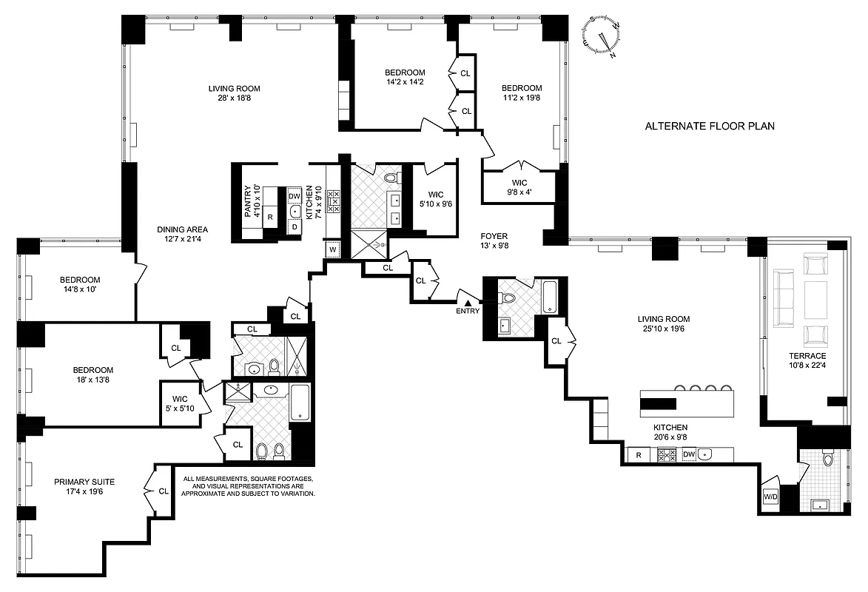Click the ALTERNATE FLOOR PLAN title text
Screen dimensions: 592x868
pyautogui.click(x=710, y=126)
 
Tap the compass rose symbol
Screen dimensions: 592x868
pyautogui.click(x=602, y=35)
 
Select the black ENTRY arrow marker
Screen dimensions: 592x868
pyautogui.click(x=467, y=302)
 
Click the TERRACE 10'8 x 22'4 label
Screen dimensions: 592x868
pyautogui.click(x=807, y=361)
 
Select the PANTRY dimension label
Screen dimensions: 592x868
pyautogui.click(x=253, y=201)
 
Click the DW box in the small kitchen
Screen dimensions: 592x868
pyautogui.click(x=294, y=196)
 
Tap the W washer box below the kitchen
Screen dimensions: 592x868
pyautogui.click(x=332, y=250)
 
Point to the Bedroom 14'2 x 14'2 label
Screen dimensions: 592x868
pyautogui.click(x=404, y=77)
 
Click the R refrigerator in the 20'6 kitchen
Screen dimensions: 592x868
pyautogui.click(x=636, y=454)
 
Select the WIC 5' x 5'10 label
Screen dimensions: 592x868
pyautogui.click(x=181, y=403)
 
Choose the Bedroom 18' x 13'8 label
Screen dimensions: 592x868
pyautogui.click(x=92, y=375)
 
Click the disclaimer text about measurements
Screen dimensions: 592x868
pyautogui.click(x=249, y=485)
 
